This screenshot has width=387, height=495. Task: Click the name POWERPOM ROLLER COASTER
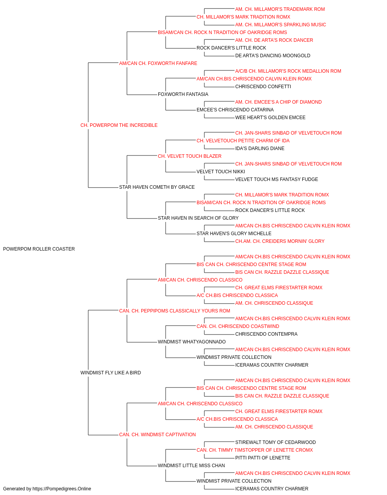point(39,249)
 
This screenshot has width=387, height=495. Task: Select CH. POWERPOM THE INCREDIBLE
point(119,125)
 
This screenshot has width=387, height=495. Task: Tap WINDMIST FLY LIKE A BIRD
point(111,373)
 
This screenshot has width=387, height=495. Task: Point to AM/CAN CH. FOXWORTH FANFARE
point(158,63)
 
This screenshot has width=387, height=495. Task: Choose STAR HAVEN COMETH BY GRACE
point(157,187)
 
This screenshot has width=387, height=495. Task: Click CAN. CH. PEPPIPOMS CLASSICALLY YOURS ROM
point(175,311)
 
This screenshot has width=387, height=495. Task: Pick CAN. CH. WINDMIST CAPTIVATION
point(157,435)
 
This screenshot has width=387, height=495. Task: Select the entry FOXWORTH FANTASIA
point(183,94)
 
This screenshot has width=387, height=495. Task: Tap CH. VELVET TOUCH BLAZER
point(190,156)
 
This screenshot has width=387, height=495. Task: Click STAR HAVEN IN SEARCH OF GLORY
point(198,218)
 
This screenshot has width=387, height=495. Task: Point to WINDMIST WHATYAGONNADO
point(192,342)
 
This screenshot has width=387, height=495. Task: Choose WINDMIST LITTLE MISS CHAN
point(191,466)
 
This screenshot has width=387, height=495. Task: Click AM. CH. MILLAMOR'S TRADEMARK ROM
point(280,9)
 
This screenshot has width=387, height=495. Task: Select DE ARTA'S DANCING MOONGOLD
point(272,56)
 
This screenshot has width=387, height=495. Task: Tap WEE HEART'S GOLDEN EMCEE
point(270,118)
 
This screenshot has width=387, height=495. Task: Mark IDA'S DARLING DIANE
point(260,148)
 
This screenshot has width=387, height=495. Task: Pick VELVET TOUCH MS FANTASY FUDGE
point(276,179)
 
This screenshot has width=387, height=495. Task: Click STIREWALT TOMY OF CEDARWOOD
point(276,442)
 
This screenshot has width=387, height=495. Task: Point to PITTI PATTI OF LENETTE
point(263,458)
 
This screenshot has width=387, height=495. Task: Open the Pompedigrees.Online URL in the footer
point(62,489)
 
